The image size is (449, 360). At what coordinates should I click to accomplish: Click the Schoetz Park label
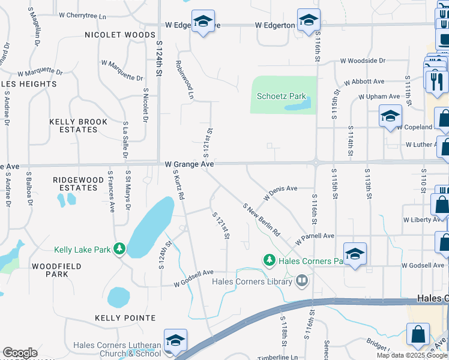[282, 96]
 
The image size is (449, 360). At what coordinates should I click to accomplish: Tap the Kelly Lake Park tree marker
[120, 248]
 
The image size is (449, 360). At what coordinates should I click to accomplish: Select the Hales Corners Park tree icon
[270, 260]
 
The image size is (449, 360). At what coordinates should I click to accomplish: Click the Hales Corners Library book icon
[302, 280]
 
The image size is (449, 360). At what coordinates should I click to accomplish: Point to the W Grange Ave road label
[190, 164]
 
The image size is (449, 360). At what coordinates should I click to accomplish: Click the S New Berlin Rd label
[262, 219]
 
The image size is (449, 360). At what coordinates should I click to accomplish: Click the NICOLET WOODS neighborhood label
[120, 35]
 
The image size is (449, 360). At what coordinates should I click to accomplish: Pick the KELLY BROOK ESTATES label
[79, 125]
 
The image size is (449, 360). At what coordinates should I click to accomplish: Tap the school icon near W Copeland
[390, 116]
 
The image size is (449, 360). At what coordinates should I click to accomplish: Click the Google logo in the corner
[20, 353]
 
